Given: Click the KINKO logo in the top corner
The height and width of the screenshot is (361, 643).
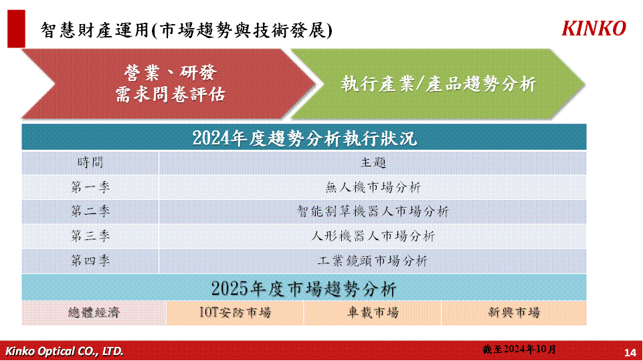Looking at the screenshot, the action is [593, 28].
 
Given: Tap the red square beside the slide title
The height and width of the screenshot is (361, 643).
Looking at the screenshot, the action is [17, 29].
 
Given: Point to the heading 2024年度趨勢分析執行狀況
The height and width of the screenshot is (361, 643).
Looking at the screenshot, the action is [304, 138].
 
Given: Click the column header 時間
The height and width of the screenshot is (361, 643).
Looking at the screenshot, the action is [90, 162].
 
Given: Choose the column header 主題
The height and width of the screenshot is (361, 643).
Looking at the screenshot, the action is [373, 162].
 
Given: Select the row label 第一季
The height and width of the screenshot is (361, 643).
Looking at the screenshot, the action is [90, 187].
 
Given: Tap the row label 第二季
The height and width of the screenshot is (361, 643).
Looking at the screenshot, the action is [90, 211].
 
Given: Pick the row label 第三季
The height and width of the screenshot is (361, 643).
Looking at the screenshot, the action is [90, 236].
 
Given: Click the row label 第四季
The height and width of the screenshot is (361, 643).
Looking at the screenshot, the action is [90, 261].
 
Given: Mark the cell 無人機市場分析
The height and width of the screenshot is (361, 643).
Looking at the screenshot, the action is [373, 187].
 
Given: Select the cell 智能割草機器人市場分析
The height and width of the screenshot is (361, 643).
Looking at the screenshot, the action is [373, 211].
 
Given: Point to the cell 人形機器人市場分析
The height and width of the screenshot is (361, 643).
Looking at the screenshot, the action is [373, 236].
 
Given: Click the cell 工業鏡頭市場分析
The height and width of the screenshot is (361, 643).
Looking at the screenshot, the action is [373, 261].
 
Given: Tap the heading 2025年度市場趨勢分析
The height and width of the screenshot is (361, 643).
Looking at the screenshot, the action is [304, 289].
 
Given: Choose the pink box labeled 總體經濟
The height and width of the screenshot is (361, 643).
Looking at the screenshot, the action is [94, 313].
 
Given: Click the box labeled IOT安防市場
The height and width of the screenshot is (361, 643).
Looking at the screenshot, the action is [235, 313].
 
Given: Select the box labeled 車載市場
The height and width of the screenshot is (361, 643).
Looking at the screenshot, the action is [373, 313].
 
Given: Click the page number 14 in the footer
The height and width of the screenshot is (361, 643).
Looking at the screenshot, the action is [630, 352].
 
